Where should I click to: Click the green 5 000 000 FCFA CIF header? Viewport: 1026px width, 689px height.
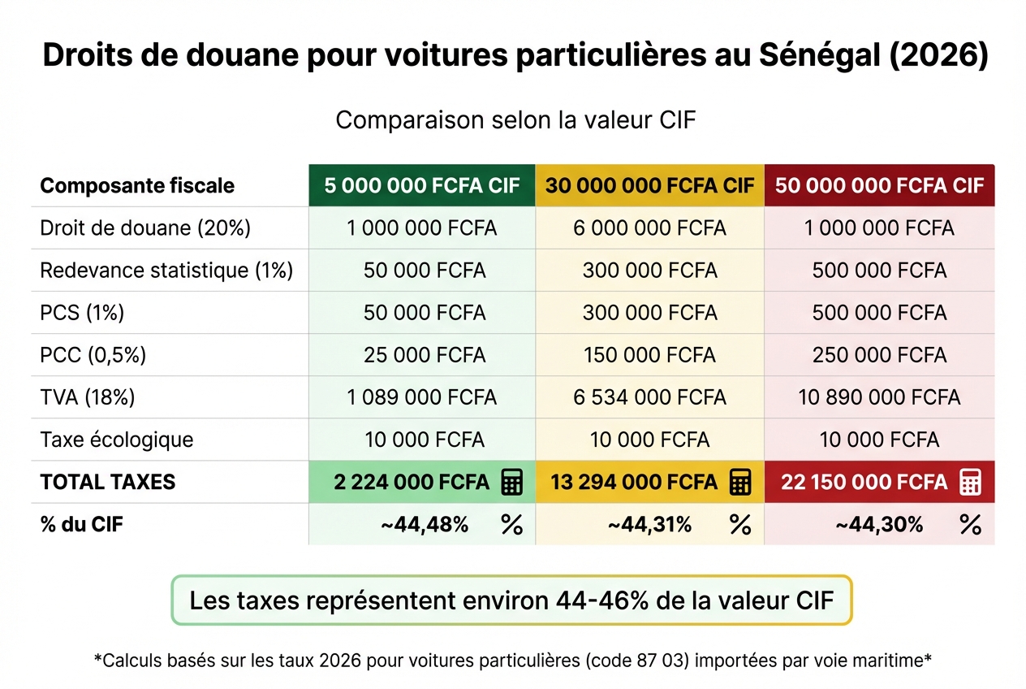[x=422, y=185]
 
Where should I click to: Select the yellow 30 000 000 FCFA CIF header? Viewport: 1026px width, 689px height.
[x=649, y=185]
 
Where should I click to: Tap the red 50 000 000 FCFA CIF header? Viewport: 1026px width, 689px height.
[x=879, y=185]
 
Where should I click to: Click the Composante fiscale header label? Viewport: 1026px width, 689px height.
[x=137, y=185]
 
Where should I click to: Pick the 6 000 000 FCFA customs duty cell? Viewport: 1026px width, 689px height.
[x=649, y=228]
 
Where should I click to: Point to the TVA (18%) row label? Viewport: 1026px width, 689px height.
[x=88, y=397]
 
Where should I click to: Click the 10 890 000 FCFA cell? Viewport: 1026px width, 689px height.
[x=879, y=397]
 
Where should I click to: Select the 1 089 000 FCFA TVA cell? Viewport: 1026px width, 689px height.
[x=422, y=397]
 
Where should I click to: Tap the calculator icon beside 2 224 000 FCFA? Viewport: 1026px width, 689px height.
[x=511, y=482]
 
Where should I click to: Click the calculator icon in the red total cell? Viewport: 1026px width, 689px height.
[x=970, y=482]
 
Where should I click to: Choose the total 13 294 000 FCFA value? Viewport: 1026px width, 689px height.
[x=634, y=482]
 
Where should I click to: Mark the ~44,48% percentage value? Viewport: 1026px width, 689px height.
[x=425, y=525]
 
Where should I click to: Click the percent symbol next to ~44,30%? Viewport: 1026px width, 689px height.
[x=970, y=525]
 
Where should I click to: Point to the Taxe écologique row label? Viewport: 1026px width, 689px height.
[x=117, y=440]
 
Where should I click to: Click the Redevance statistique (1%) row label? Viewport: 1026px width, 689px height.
[x=166, y=271]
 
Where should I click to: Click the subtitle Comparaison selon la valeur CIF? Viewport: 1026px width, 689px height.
[x=516, y=120]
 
